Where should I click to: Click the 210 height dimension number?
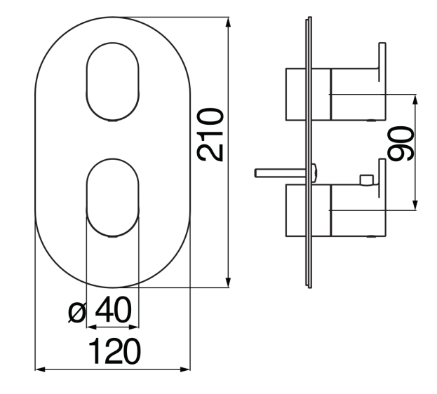coord(210,135)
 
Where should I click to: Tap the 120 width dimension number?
coord(114,351)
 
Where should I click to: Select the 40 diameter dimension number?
coord(113,309)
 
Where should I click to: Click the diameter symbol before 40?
coord(77,313)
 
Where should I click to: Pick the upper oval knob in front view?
coord(113,81)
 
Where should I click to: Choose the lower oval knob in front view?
coord(113,198)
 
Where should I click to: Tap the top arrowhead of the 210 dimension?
coord(228,22)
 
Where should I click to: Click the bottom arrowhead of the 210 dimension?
coord(228,282)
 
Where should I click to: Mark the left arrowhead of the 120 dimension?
coord(41,369)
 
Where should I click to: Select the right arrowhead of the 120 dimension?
coord(185,369)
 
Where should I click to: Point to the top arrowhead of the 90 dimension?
coord(415,100)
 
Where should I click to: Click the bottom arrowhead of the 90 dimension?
coord(415,205)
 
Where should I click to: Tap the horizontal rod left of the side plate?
coord(281,172)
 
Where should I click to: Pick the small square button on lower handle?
coord(367,180)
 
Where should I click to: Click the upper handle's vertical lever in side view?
coord(382,62)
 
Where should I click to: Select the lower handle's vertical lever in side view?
coord(382,178)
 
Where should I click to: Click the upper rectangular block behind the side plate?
coord(296,94)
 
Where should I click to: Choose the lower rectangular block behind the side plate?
coord(296,210)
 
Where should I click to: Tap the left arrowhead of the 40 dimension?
coord(91,327)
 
